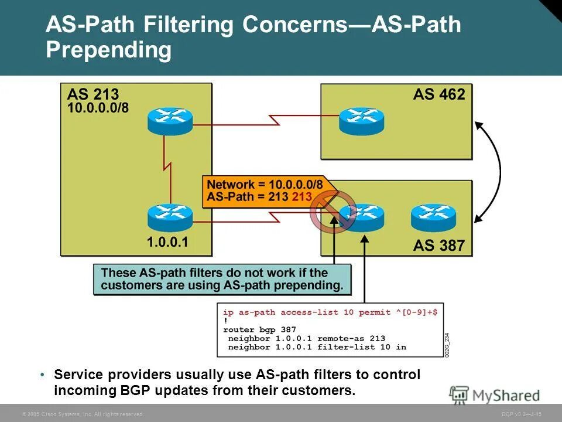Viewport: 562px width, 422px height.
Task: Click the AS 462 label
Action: [x=438, y=94]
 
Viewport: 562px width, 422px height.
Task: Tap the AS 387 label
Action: [x=438, y=245]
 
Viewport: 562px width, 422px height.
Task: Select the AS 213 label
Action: [x=93, y=94]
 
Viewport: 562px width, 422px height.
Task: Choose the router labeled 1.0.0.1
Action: [x=170, y=217]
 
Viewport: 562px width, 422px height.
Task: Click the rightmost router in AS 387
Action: [x=433, y=217]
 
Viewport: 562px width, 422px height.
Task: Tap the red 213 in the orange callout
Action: [x=301, y=197]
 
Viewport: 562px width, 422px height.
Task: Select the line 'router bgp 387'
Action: [x=259, y=330]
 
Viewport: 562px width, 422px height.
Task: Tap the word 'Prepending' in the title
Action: [x=109, y=50]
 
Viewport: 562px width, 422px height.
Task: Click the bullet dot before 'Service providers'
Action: [x=43, y=375]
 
